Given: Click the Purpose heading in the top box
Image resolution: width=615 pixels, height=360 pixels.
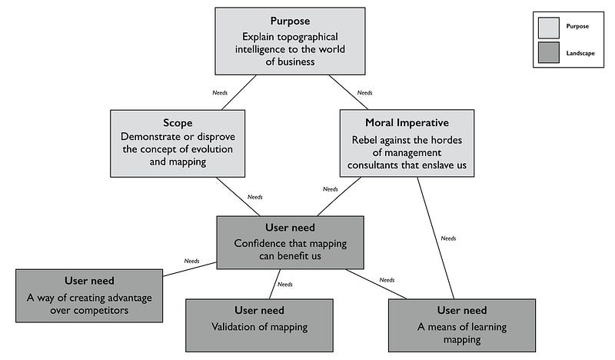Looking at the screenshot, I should pyautogui.click(x=291, y=21).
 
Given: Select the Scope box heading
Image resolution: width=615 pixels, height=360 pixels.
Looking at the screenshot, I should pyautogui.click(x=178, y=122).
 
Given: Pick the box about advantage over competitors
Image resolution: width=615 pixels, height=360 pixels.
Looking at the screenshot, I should pyautogui.click(x=89, y=295).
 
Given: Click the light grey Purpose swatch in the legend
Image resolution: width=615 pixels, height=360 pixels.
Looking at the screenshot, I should pyautogui.click(x=549, y=26).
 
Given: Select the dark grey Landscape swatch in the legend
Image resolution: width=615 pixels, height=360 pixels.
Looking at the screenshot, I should pyautogui.click(x=549, y=52).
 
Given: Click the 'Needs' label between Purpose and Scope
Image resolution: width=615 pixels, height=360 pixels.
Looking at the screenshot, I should pyautogui.click(x=220, y=92).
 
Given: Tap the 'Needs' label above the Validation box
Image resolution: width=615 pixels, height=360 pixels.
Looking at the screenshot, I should pyautogui.click(x=284, y=285).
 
